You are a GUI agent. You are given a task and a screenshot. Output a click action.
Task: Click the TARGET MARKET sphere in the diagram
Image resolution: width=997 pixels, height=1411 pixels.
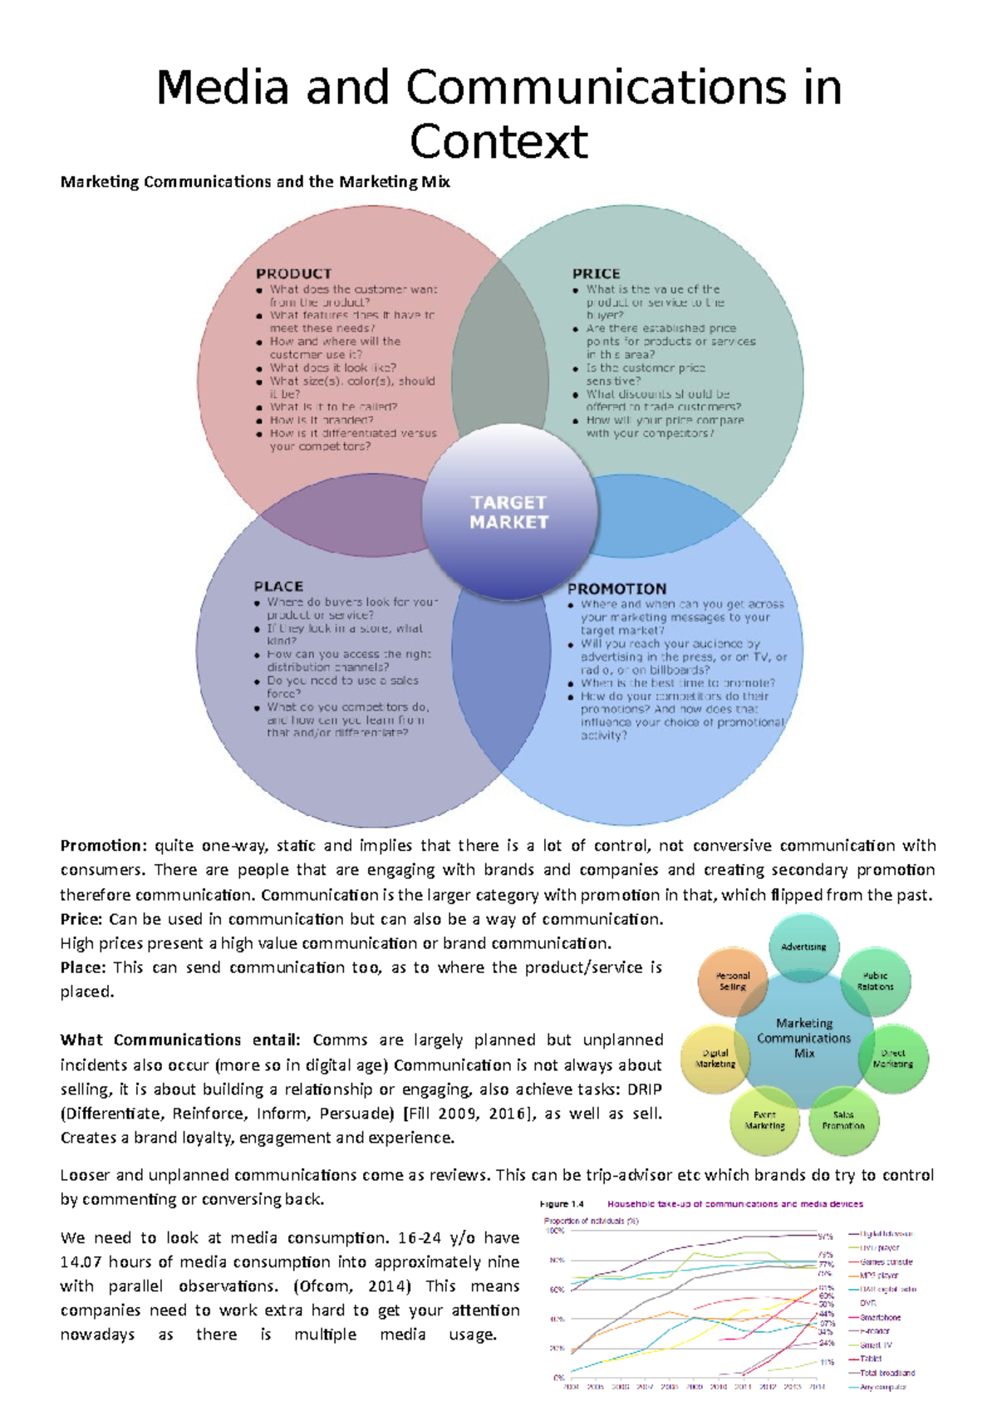click(x=509, y=513)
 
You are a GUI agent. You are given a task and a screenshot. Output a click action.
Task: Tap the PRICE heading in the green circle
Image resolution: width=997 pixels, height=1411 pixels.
click(x=596, y=273)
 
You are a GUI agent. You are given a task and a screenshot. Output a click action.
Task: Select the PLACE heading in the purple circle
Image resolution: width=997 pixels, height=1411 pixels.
click(x=278, y=586)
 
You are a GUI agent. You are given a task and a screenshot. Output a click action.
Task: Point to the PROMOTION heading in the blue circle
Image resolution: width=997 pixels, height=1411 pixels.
click(x=616, y=588)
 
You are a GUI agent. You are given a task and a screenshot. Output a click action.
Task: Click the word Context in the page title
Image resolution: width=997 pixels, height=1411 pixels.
click(x=498, y=141)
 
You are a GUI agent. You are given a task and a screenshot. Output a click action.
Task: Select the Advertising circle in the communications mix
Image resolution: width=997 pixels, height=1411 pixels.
click(x=803, y=946)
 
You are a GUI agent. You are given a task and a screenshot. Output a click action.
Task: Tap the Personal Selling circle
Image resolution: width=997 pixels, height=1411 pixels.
click(x=732, y=981)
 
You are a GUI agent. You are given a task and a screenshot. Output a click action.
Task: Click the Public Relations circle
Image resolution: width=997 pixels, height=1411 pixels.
click(x=876, y=981)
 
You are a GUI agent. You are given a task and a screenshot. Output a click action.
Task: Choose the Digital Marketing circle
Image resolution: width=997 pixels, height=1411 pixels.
click(x=715, y=1058)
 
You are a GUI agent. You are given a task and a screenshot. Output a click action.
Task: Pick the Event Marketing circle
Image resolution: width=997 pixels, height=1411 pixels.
click(x=764, y=1120)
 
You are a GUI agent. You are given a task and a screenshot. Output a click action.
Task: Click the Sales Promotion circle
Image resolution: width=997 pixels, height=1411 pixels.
click(x=843, y=1120)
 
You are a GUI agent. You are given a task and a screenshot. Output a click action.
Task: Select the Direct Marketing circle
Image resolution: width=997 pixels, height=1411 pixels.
click(x=893, y=1058)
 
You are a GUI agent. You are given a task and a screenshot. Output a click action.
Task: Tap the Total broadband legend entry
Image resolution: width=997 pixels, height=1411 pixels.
click(x=886, y=1373)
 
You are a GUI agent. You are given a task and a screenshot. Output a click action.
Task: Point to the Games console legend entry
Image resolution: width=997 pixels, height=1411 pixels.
click(x=886, y=1261)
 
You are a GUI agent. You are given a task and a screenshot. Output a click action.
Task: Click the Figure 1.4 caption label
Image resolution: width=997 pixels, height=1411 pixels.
click(x=562, y=1204)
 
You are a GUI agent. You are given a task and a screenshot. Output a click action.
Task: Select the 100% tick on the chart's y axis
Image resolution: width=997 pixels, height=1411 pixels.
click(x=554, y=1231)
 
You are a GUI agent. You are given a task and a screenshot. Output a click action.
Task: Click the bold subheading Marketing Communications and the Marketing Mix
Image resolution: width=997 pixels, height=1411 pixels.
click(x=255, y=182)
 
